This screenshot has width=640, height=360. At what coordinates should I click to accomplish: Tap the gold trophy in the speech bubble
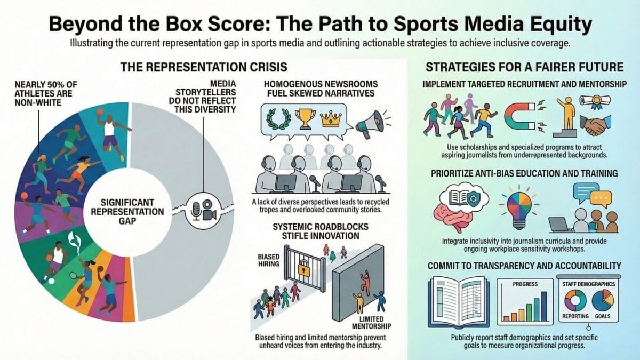(x=305, y=117)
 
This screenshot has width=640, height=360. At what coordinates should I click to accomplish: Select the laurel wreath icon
(x=276, y=118)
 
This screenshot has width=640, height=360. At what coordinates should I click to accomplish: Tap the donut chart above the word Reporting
(x=575, y=300)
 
